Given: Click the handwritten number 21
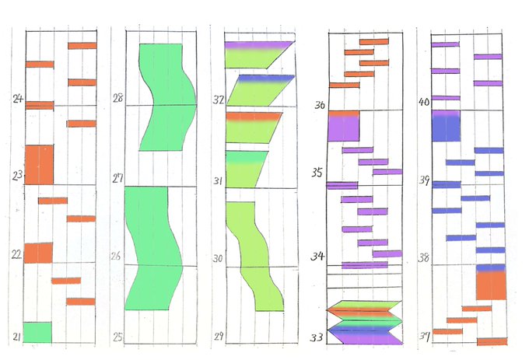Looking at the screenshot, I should point(16,335).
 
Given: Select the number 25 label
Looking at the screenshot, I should point(117,337).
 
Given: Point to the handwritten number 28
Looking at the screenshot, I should point(118,99).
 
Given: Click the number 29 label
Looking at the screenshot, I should point(219,337).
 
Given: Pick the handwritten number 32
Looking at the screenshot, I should point(219,100).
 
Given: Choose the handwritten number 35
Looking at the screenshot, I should point(317,173).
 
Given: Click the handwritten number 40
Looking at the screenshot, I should point(424,102).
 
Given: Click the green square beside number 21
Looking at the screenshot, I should point(37,332).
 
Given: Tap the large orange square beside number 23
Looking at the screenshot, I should point(39,164).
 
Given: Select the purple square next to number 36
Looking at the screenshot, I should point(343,126).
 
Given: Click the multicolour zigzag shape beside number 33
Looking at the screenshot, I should point(363,321).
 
